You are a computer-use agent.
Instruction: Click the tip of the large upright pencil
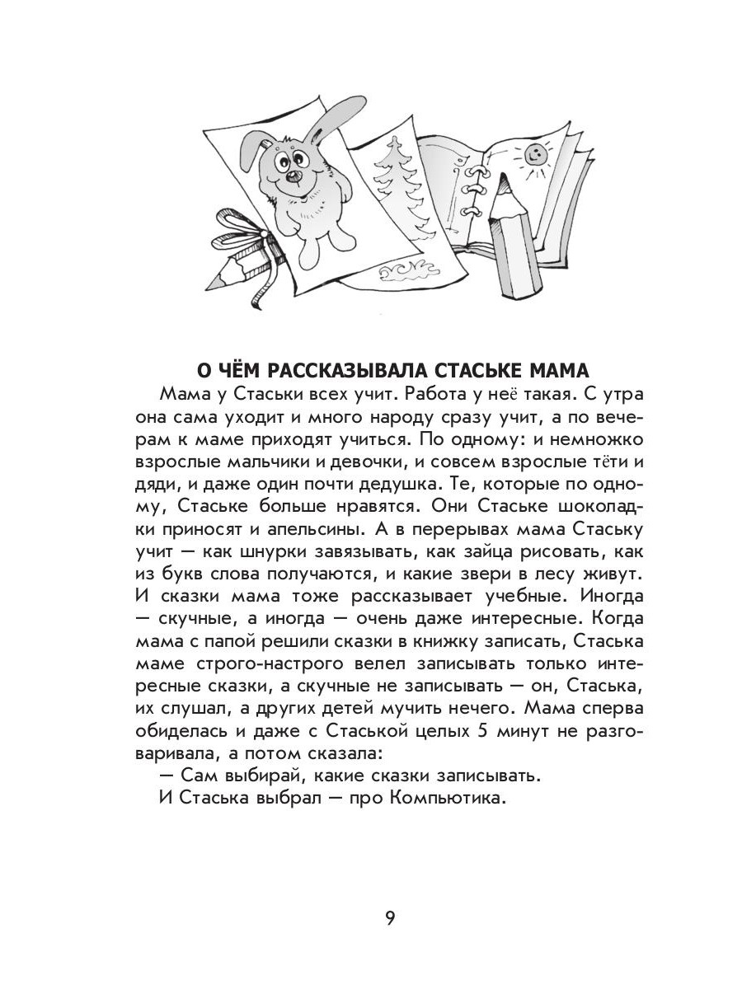(x=498, y=180)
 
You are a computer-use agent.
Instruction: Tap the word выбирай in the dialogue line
(x=235, y=776)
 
